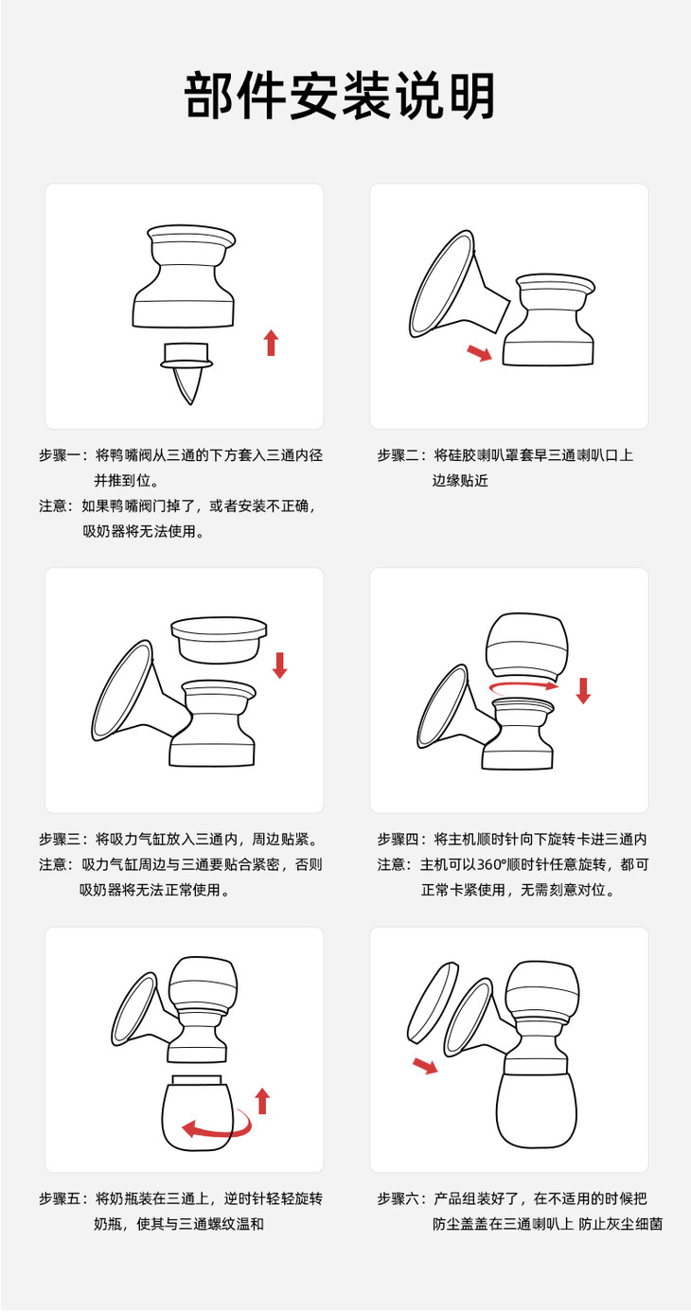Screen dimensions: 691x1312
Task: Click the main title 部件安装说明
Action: pos(340,96)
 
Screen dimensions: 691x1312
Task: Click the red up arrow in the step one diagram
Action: pos(271,343)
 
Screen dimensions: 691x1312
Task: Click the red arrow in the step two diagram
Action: pos(480,352)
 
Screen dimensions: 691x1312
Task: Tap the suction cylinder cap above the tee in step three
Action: pos(219,642)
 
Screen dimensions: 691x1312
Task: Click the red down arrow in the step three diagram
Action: pos(280,665)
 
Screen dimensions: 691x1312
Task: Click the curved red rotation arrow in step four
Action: pos(523,685)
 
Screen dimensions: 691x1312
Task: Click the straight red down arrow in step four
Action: pos(583,690)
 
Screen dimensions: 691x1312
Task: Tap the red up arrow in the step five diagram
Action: pos(263,1100)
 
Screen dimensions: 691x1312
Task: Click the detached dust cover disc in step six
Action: pos(434,1001)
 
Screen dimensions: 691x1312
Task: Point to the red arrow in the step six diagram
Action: pos(425,1066)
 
